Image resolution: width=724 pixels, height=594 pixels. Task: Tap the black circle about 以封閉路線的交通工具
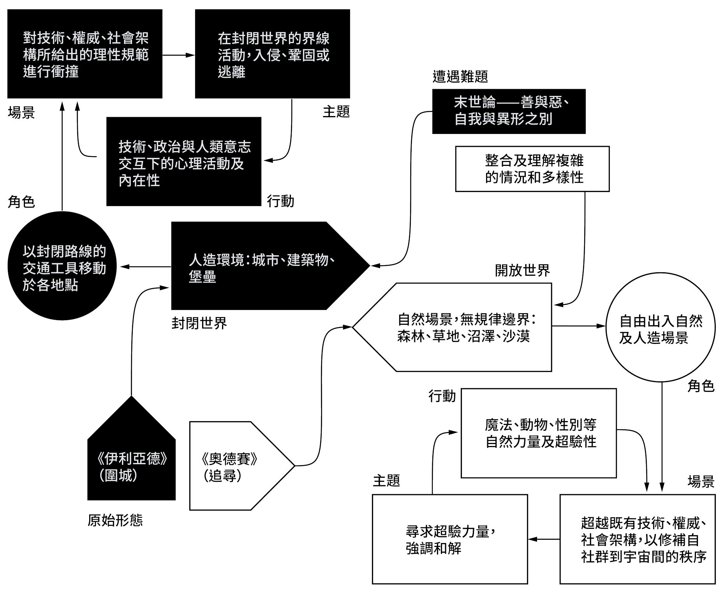point(62,266)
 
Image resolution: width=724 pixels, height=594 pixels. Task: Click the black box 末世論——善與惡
point(509,111)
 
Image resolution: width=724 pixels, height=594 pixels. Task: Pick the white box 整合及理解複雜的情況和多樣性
point(532,169)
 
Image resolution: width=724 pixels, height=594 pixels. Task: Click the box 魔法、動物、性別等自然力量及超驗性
point(539,433)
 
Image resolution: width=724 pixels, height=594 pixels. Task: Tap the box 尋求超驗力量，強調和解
point(450,539)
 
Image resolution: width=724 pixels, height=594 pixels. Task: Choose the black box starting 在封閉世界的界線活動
point(272,55)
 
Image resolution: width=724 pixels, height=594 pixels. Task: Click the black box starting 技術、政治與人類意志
point(184,162)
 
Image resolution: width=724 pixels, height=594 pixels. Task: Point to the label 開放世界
point(522,270)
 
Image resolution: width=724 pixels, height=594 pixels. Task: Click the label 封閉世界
point(199,323)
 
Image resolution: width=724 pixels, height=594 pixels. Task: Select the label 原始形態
point(115,520)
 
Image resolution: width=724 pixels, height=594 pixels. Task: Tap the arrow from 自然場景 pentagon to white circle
point(579,326)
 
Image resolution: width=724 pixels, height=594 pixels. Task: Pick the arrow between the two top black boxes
point(178,55)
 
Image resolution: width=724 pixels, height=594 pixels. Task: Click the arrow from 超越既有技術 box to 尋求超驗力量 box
point(544,539)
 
